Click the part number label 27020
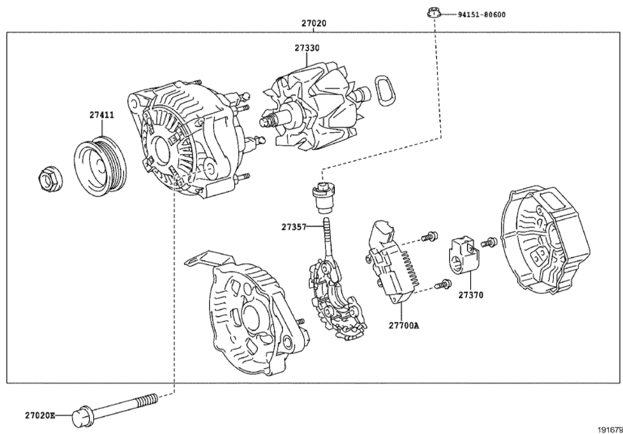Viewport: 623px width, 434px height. tap(314, 23)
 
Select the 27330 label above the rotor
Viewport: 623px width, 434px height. tap(307, 48)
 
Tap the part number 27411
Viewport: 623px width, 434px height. tap(101, 115)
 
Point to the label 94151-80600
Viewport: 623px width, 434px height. tap(481, 14)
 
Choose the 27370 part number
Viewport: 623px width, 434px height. tap(470, 296)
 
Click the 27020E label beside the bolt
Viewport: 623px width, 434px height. tap(40, 415)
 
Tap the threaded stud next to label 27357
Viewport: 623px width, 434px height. tap(329, 237)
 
